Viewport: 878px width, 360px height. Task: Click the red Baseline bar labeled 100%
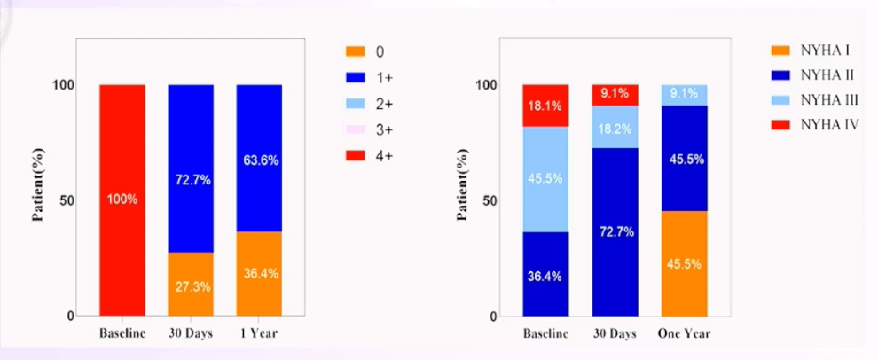[122, 200]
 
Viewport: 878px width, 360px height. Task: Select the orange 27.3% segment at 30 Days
[191, 285]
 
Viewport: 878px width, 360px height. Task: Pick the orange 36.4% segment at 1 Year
[259, 274]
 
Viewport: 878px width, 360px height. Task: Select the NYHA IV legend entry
[814, 125]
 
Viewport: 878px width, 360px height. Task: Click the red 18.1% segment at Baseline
[545, 106]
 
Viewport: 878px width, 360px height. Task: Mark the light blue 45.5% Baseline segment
[545, 179]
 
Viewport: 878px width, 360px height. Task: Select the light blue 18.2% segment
[615, 127]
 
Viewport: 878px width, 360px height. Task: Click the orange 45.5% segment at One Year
[685, 263]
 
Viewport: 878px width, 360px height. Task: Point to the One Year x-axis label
[685, 333]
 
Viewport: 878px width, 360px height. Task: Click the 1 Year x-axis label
[259, 333]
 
